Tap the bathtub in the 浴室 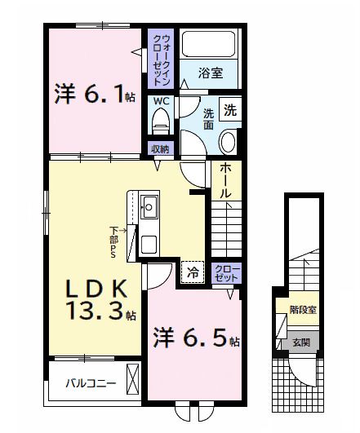(x=208, y=44)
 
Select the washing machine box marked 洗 (x=230, y=109)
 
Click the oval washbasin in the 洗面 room (x=228, y=142)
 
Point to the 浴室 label (x=211, y=73)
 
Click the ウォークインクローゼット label (x=161, y=60)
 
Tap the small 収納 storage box (x=160, y=149)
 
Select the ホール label (x=226, y=180)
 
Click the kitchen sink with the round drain (x=149, y=207)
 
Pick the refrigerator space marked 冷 (x=193, y=272)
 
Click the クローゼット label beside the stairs (x=226, y=273)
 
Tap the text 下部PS (x=113, y=242)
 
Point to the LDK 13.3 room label (x=100, y=300)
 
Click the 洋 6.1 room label (x=95, y=93)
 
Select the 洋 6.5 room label (x=197, y=337)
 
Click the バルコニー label (x=91, y=383)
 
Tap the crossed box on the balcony (x=132, y=379)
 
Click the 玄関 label (x=302, y=342)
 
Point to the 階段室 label (x=303, y=310)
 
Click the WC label (x=161, y=101)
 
